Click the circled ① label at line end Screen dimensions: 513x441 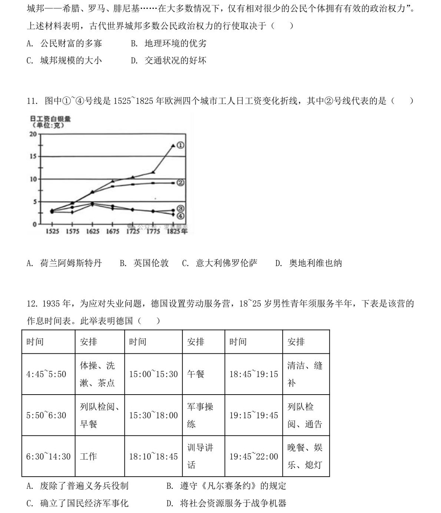180,146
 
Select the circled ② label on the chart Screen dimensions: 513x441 180,183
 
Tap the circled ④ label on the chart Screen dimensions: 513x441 180,216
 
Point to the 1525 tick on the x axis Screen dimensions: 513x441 52,231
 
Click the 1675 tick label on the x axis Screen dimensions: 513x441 113,231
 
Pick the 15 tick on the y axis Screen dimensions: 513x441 33,156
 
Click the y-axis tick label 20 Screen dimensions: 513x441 33,134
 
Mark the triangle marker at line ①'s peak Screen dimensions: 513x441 173,146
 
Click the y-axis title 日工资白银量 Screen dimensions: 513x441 50,119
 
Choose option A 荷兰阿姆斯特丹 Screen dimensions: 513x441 64,263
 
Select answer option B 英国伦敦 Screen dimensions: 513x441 144,263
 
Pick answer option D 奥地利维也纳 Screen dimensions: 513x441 309,263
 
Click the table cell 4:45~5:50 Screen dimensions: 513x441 46,374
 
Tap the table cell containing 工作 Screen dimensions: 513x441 88,457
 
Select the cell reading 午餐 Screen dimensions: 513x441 196,374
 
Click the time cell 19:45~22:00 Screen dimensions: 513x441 253,457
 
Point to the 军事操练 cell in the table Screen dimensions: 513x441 200,415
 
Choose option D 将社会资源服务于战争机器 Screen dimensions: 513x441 226,503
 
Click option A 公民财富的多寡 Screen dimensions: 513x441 64,43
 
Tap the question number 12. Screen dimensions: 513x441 33,304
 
